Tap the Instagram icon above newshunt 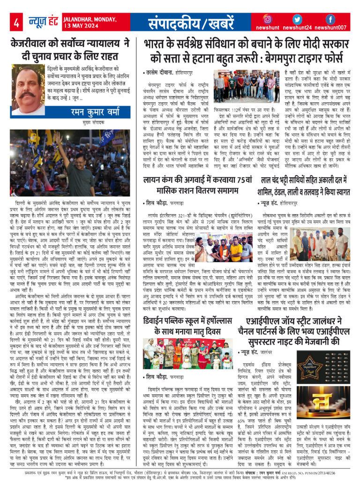point(268,19)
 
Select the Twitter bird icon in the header point(297,19)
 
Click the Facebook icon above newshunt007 point(330,19)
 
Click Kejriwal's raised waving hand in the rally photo point(55,140)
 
